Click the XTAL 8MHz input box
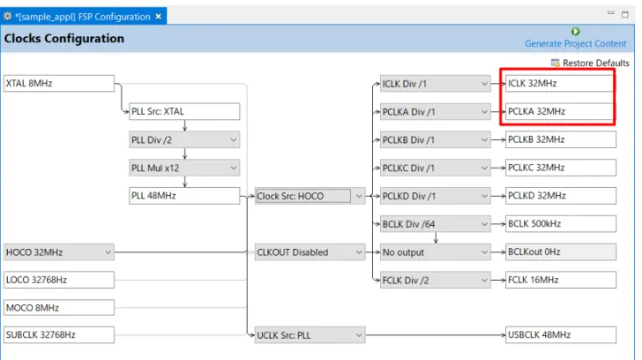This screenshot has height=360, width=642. (59, 83)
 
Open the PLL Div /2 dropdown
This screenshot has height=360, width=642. (184, 139)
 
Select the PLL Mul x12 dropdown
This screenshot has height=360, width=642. (184, 168)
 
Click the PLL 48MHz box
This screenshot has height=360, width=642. (184, 196)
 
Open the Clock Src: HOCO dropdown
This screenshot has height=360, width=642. (310, 196)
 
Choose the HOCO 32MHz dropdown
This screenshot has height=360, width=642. (59, 252)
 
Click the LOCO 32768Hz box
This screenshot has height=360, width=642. (59, 280)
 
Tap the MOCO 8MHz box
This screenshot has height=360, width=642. (59, 308)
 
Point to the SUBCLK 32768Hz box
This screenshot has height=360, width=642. (59, 335)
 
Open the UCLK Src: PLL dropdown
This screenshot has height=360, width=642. (310, 335)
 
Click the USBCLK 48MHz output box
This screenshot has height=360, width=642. (561, 335)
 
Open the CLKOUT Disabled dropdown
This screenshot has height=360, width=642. (310, 252)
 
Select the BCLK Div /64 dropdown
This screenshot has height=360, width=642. (436, 224)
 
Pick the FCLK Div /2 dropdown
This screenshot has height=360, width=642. (436, 280)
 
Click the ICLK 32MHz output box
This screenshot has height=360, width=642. (560, 84)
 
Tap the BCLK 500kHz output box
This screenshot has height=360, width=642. (561, 224)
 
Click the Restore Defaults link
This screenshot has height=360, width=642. (591, 63)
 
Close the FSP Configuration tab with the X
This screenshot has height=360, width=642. (159, 17)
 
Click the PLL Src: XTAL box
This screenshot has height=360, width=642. (184, 111)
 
